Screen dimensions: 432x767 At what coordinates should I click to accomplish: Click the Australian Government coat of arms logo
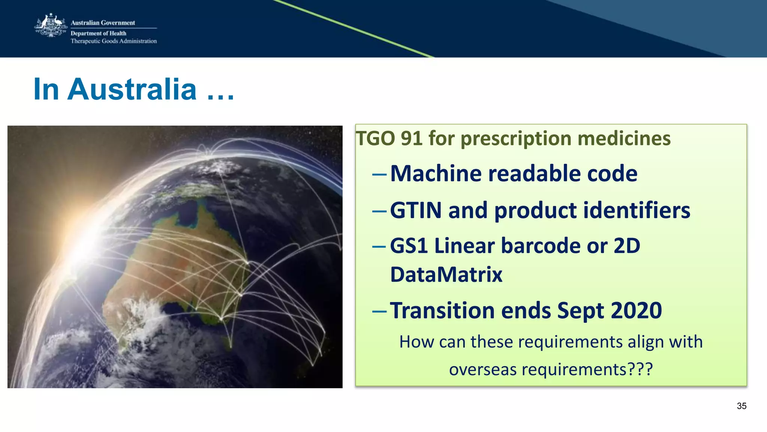(x=51, y=25)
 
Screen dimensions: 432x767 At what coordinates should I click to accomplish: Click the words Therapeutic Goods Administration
(x=113, y=41)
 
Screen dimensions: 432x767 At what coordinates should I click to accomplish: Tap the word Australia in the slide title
(x=132, y=89)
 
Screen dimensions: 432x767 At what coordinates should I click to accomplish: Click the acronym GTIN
(x=416, y=210)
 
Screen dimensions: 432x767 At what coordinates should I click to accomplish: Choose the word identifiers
(x=637, y=210)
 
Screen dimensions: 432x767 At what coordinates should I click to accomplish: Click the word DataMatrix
(x=446, y=275)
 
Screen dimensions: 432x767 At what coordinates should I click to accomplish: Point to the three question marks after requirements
(x=641, y=369)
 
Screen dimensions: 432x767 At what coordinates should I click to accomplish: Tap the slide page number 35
(x=741, y=406)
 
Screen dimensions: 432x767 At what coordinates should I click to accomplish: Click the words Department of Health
(x=98, y=33)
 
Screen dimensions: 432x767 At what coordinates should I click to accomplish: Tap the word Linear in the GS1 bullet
(x=464, y=246)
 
